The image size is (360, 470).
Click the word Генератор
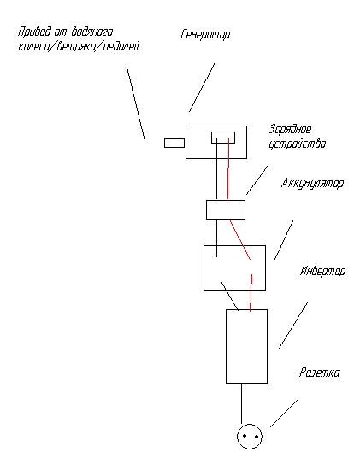coord(205,34)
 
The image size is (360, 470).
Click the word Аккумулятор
coord(312,184)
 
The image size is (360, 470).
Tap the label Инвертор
coord(322,271)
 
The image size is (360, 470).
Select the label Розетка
coord(320,373)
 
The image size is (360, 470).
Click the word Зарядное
coord(290,130)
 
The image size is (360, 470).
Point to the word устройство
coord(297,144)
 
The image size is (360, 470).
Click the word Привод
coord(34,32)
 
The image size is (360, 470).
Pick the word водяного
coord(92,32)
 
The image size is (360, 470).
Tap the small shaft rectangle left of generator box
coord(174,143)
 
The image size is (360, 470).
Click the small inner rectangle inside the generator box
coord(223,138)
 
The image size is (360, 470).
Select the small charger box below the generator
coord(226,209)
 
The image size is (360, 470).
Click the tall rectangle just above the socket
coord(246,346)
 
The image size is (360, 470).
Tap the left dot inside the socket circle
coord(245,436)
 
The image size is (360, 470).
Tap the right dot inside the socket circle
coord(257,437)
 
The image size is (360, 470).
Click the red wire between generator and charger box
coord(228,168)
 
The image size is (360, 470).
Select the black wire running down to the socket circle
coord(241,403)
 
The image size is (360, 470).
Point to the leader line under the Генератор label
coord(202,87)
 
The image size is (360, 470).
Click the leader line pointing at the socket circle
coord(285,413)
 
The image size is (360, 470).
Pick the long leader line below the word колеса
coord(136,104)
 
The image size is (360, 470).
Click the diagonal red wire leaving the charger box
coord(240,239)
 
